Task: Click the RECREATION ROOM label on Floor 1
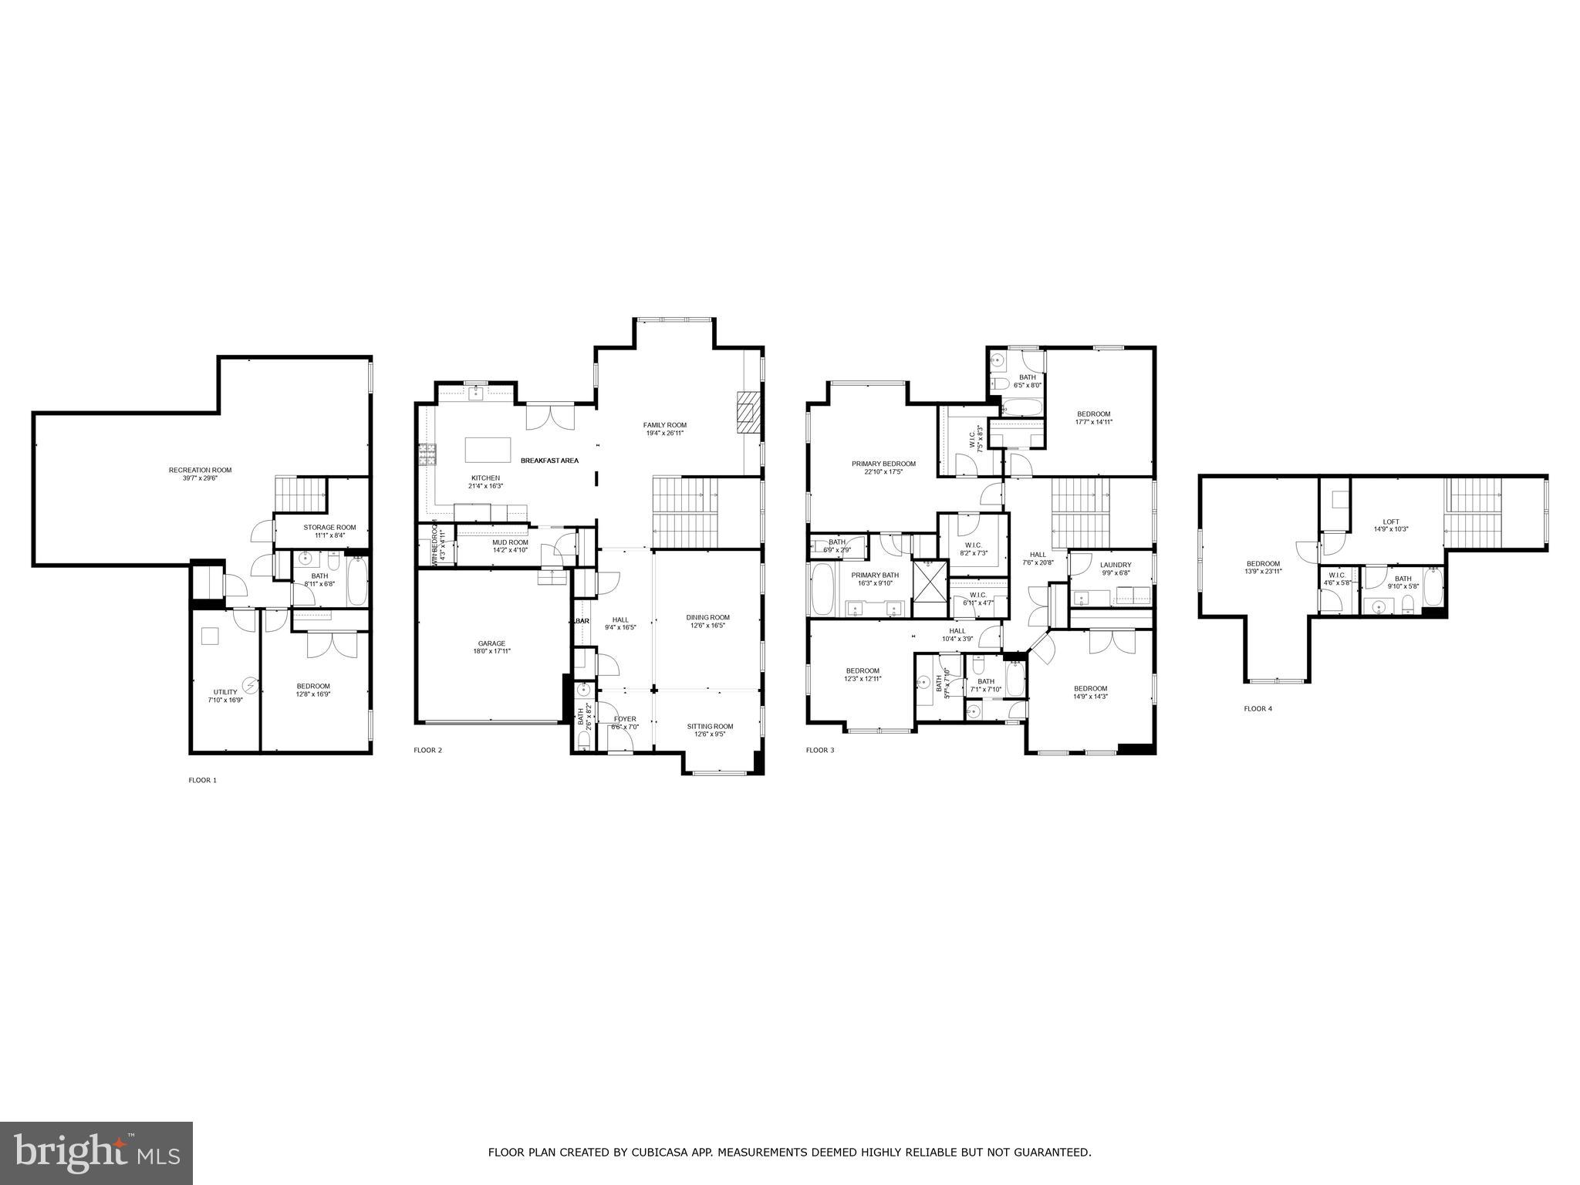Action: tap(200, 470)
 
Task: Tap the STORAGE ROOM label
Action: tap(329, 528)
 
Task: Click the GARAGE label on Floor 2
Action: tap(491, 643)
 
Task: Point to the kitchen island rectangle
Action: tap(488, 449)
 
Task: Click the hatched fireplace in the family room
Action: tap(747, 416)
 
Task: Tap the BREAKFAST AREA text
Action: tap(549, 461)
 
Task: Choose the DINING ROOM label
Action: tap(707, 617)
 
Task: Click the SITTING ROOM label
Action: tap(710, 726)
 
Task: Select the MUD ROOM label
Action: tap(510, 542)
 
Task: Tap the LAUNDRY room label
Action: tap(1115, 565)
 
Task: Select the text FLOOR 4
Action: tap(1258, 708)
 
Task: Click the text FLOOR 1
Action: tap(203, 780)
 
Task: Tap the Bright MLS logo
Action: tap(96, 1153)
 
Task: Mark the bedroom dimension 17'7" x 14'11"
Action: tap(1093, 422)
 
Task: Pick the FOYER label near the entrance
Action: tap(625, 719)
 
